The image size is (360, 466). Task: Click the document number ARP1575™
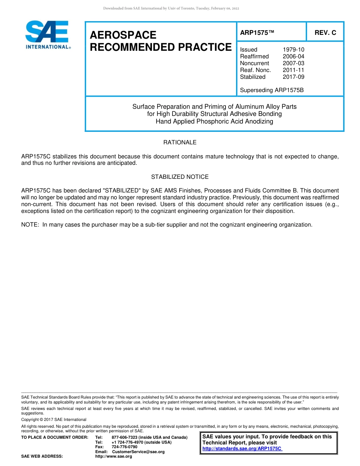pos(257,33)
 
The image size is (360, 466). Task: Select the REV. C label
pos(325,33)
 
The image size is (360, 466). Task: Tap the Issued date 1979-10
pos(293,50)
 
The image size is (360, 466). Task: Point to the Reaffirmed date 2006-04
pos(293,56)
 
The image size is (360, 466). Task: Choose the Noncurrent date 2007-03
pos(293,63)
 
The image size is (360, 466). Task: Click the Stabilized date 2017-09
pos(293,77)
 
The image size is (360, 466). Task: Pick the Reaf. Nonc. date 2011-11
pos(293,70)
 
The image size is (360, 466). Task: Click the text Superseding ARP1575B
pos(272,90)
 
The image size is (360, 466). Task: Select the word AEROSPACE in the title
pos(123,35)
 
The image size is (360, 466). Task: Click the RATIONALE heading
pos(180,142)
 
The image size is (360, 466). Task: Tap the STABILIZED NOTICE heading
pos(180,177)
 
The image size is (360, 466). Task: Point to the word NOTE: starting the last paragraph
pos(30,225)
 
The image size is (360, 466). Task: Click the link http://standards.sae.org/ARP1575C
pos(242,449)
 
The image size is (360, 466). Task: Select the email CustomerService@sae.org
pos(138,452)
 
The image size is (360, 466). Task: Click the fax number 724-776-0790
pos(124,447)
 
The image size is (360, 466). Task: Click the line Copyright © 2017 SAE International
pos(54,419)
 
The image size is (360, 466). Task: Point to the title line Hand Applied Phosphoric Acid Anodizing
pos(214,122)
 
